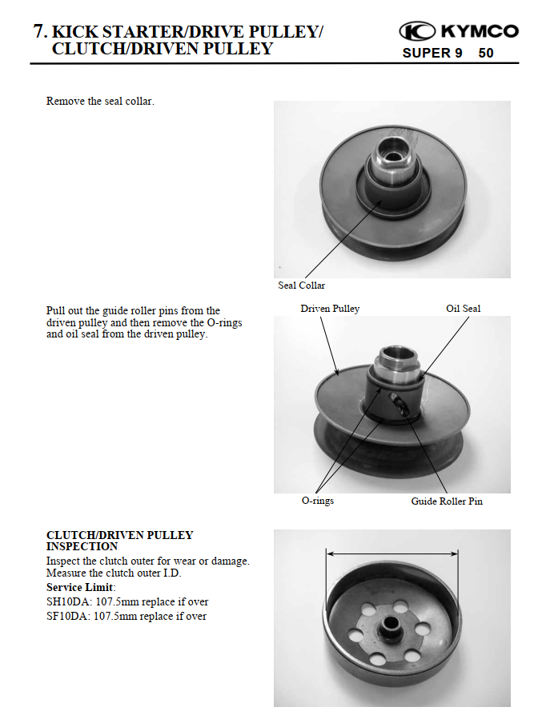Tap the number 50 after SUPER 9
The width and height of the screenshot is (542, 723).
tap(486, 54)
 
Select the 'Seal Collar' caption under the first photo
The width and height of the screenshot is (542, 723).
tap(301, 286)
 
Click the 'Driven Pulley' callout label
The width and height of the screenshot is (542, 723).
tap(330, 309)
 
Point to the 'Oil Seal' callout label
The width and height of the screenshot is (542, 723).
tap(463, 309)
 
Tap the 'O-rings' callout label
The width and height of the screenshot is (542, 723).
tap(317, 501)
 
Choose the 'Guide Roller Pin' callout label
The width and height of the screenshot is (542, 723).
tap(447, 501)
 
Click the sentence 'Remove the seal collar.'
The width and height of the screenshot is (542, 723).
tap(100, 102)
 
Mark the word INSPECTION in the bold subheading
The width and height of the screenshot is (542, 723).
tap(82, 546)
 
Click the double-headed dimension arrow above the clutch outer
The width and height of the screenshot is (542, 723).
tap(391, 553)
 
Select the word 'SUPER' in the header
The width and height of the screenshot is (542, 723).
tap(427, 54)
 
